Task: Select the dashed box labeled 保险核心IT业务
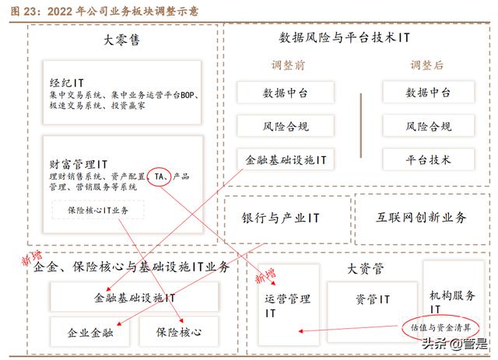(x=98, y=210)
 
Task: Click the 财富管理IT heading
(x=78, y=164)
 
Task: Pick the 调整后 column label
(x=427, y=65)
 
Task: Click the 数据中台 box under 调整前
(x=285, y=93)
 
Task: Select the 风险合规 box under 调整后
(x=428, y=127)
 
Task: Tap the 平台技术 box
(x=428, y=160)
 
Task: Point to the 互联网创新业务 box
(x=423, y=219)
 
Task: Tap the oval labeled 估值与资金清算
(x=441, y=327)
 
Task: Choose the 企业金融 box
(x=89, y=332)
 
